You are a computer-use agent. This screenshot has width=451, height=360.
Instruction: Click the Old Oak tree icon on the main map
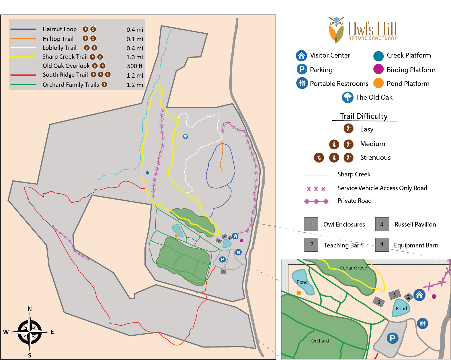186,136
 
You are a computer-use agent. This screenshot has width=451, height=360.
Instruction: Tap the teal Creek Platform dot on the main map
147,173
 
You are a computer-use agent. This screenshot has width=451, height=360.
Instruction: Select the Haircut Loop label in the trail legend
60,29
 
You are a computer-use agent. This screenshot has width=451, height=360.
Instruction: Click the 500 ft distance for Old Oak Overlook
134,66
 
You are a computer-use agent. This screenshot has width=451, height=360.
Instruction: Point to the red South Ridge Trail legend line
23,75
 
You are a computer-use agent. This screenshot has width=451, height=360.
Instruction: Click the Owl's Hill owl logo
336,30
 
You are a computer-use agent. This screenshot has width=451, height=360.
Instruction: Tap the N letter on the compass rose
30,309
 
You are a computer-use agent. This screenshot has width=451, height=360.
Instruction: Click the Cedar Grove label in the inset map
353,268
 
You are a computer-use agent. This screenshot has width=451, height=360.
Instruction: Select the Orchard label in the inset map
320,341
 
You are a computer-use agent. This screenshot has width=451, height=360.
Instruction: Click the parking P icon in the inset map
393,338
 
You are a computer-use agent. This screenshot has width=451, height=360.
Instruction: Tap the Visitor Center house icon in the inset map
419,295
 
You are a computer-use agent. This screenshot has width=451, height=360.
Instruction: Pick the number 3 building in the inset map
379,302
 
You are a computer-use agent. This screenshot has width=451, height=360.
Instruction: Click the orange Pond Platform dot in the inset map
299,293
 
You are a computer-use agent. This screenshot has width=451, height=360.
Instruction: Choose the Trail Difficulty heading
364,116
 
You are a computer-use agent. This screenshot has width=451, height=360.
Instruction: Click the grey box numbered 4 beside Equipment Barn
382,244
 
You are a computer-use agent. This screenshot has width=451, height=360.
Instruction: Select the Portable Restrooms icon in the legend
302,83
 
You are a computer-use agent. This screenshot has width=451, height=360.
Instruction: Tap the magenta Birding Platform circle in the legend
378,69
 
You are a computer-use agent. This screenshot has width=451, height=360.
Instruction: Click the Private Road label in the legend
354,201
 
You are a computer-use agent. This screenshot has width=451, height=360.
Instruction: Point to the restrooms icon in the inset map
423,323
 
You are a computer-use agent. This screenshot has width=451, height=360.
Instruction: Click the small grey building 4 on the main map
223,272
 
